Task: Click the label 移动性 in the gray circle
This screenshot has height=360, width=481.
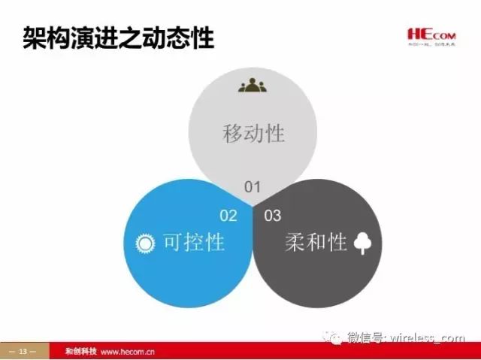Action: [x=254, y=133]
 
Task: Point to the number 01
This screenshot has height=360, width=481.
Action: [x=252, y=186]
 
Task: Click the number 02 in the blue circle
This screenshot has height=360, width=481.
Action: [x=228, y=216]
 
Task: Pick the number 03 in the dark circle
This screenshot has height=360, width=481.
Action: [x=273, y=216]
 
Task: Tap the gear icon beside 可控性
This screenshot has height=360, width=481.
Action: [x=144, y=243]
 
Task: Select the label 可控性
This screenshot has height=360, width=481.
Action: [x=194, y=242]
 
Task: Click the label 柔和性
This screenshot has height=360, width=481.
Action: [x=316, y=242]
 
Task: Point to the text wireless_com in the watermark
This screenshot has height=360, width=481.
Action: [x=428, y=338]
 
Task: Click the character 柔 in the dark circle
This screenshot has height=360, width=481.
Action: [x=295, y=242]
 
